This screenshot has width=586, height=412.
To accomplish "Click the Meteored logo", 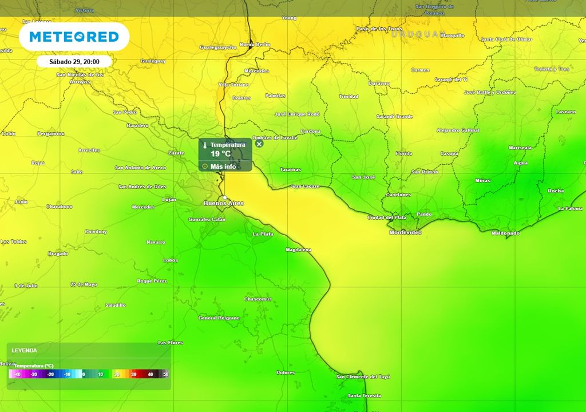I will pos(74,37).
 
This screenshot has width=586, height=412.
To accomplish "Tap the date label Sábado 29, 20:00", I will pos(74,61).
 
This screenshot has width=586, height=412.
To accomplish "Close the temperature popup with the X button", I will pos(259,144).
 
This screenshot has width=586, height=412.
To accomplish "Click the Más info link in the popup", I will pos(223,167).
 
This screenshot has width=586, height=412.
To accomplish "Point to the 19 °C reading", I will pos(220,154).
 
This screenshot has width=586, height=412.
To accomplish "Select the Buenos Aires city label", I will pos(224,203).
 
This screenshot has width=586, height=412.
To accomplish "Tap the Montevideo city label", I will pos(405,232).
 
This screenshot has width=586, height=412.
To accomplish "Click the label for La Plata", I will pos(263,234).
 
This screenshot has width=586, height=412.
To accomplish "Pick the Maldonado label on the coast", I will pos(506,233).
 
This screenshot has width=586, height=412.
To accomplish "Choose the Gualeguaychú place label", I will pos(217,47).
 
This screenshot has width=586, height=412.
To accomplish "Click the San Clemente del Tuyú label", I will pos(363,377).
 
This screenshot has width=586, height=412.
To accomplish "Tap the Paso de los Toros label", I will pos(379,29).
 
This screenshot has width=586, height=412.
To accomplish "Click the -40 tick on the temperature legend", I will pos(18,374).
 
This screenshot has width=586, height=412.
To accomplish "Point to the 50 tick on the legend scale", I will pos(165,374).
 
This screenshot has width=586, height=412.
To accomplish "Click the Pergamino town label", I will pos(50,133).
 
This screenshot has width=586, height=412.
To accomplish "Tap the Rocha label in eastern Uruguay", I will pos(556,191).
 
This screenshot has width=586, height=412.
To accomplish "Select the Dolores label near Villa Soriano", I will pos(241,98).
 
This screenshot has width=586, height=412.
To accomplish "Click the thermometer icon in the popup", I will pos(205,145).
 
